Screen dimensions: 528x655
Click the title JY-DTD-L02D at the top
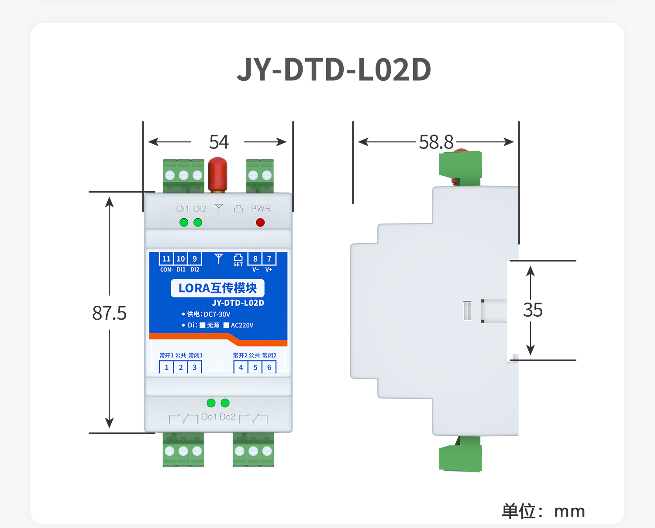click(334, 70)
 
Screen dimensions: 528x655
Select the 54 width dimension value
click(219, 142)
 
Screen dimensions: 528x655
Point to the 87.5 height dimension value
click(109, 313)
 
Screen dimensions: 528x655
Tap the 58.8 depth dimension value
click(436, 142)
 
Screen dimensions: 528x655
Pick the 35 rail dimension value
click(533, 310)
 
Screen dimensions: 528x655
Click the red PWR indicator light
click(260, 223)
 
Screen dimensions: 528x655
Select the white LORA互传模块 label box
click(217, 288)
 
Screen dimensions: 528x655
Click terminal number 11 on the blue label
click(166, 259)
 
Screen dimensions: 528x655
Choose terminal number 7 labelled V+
click(269, 259)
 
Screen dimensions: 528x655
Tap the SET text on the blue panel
click(238, 265)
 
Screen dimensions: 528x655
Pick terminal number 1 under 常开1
click(166, 367)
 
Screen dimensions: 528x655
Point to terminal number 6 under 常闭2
click(269, 367)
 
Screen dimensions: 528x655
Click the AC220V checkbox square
click(226, 325)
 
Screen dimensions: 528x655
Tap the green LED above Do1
click(211, 403)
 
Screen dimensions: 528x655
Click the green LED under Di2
click(198, 223)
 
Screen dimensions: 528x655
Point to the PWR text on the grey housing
click(261, 209)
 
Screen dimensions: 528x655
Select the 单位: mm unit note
click(543, 511)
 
